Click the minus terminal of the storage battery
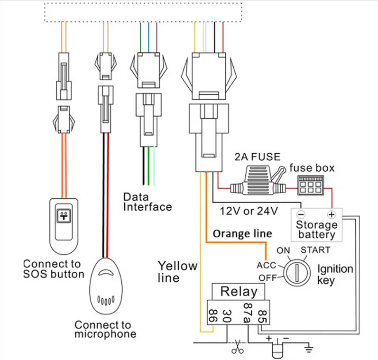tap(300, 214)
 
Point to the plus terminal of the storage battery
tap(332, 214)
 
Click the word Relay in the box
tap(239, 292)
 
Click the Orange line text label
tap(242, 233)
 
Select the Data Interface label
tap(147, 202)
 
